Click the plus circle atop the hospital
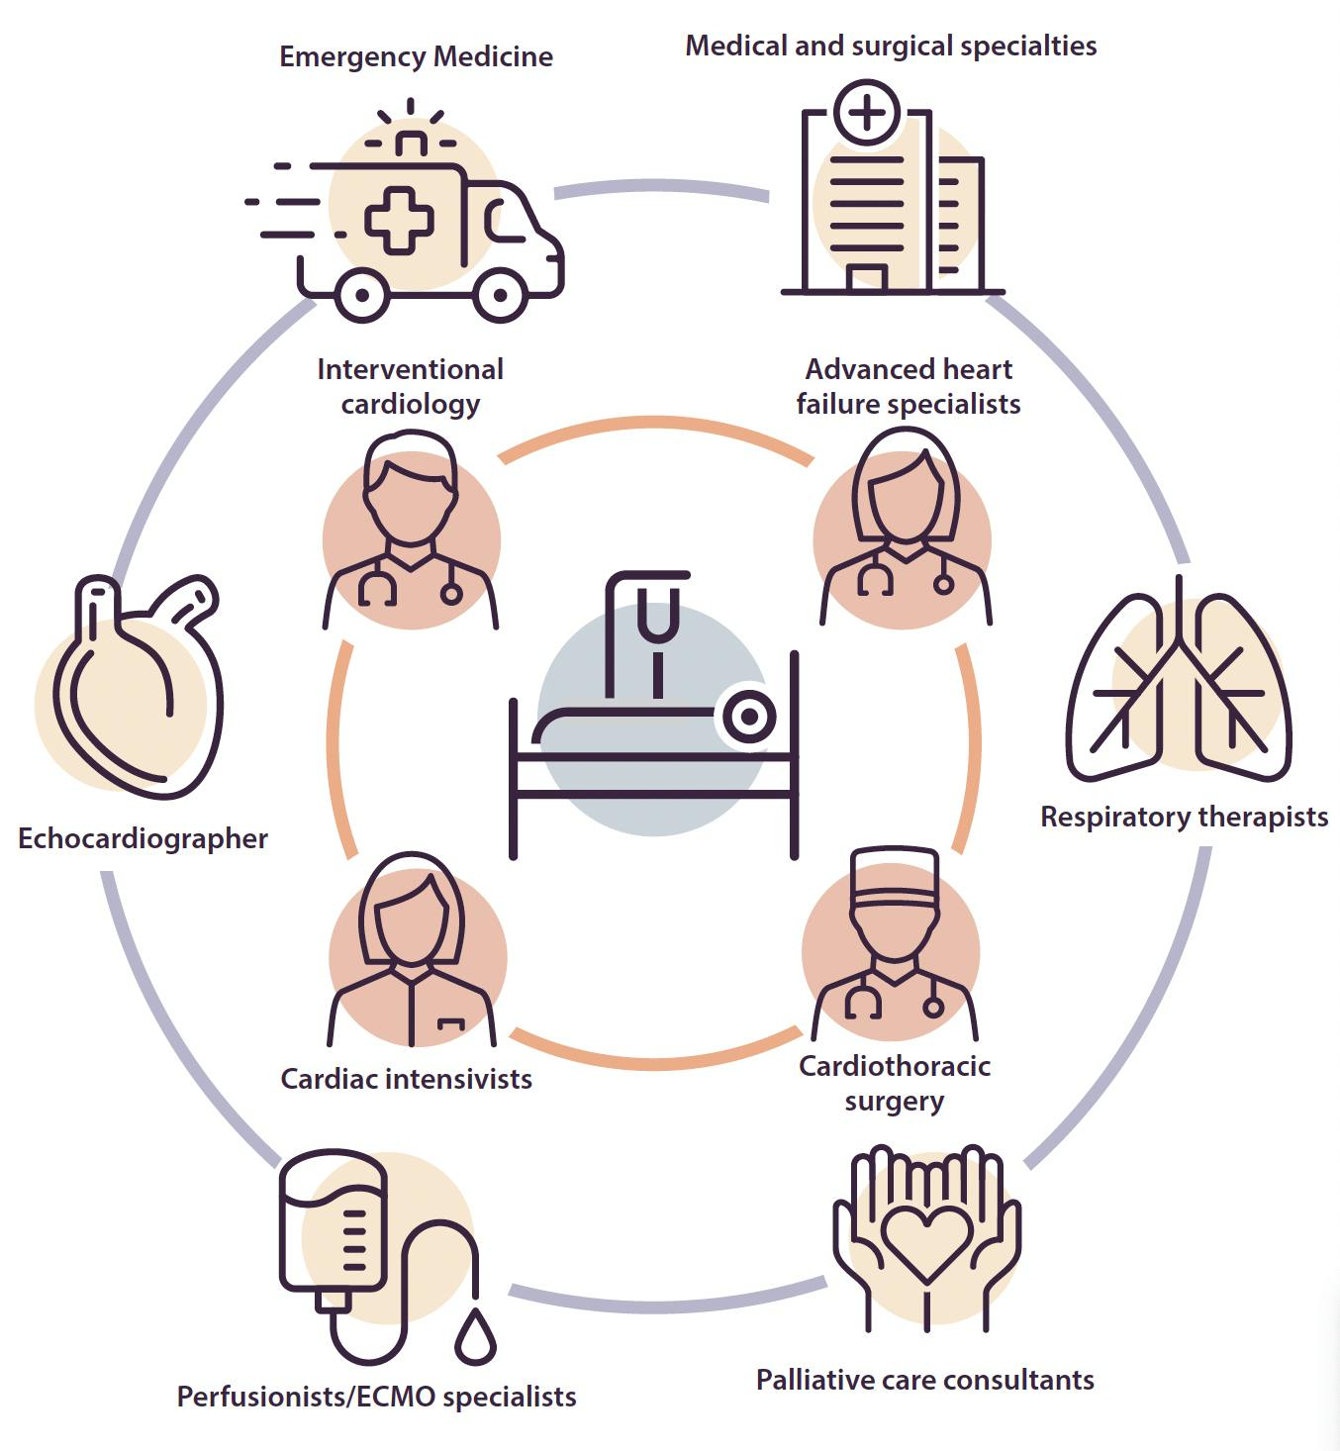(x=867, y=112)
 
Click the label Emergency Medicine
(x=416, y=56)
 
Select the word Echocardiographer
(x=143, y=839)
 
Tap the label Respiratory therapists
(x=1184, y=818)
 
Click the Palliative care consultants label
(x=925, y=1380)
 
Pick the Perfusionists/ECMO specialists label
(x=376, y=1397)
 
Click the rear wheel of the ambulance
(x=361, y=294)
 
